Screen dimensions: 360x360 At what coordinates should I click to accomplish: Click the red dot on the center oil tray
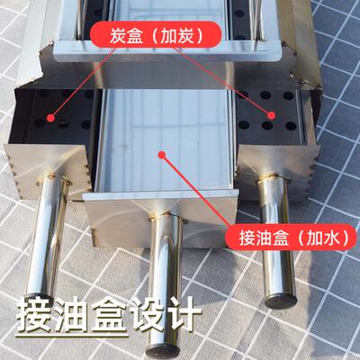point(163,154)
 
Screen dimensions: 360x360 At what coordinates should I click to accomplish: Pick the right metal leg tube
point(277,243)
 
